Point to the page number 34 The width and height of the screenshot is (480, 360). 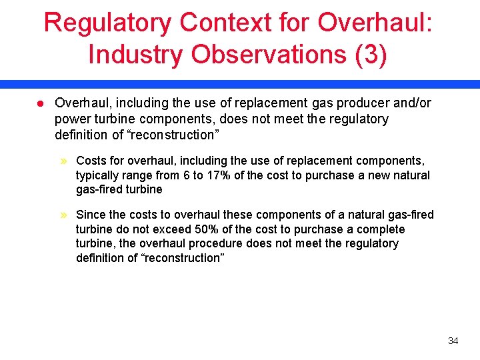pos(453,341)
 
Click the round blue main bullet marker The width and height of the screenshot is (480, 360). pos(40,103)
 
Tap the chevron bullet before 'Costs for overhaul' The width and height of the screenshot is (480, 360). pos(65,161)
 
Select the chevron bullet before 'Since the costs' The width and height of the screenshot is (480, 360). pos(65,215)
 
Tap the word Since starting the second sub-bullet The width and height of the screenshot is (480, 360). pos(91,215)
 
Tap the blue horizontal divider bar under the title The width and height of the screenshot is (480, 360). pos(240,84)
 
